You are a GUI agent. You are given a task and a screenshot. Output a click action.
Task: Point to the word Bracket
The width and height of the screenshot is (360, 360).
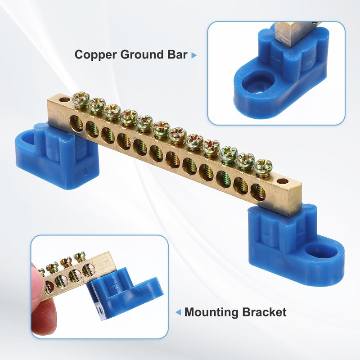coord(266,312)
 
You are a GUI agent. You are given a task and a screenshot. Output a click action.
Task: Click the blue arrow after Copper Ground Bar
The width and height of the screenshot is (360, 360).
coord(194,55)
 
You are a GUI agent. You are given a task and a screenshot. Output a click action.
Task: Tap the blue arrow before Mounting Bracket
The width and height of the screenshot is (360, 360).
coord(178,312)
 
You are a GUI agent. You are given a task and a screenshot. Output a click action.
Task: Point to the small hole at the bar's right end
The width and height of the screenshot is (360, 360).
coord(283,182)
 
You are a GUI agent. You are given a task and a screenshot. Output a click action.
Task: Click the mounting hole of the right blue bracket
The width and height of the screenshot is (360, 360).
coord(313,249)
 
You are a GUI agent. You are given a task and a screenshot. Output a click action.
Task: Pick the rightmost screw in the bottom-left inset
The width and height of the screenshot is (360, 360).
coord(80,257)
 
